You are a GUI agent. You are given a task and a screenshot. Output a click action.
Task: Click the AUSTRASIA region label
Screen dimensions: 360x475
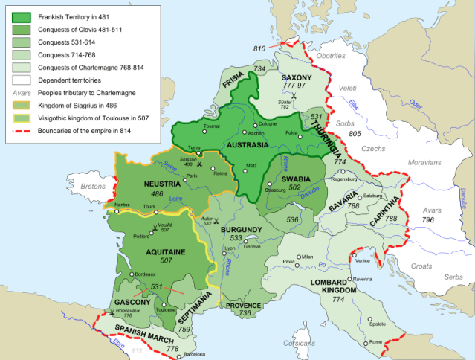264,143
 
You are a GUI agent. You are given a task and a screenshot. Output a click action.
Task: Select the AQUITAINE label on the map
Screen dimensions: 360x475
155,252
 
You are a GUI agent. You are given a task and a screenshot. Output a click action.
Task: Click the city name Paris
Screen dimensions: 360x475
192,176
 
